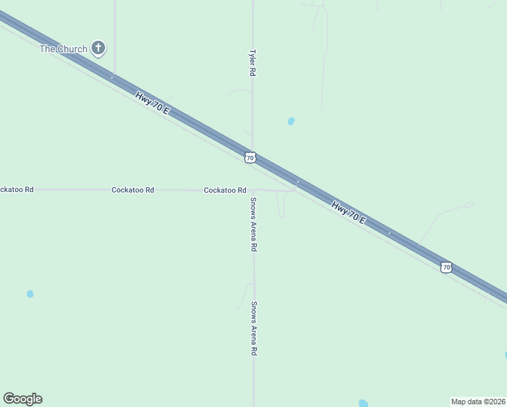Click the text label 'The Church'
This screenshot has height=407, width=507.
coord(63,49)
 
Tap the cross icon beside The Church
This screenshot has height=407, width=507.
coord(99,47)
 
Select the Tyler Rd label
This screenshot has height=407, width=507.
coord(252,62)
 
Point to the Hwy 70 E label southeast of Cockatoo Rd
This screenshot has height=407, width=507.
coord(348,212)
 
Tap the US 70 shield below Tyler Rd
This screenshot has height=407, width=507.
coord(250,157)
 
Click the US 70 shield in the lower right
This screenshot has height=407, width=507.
coord(445,267)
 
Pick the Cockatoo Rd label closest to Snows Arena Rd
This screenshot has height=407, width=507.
coord(225,191)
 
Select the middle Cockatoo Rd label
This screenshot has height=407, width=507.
coord(133,190)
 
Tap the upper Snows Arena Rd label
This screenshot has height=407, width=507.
coord(253,225)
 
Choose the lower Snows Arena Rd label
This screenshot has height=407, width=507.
coord(254,328)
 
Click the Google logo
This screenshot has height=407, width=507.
coord(22,399)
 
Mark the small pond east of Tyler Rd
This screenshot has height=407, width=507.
coord(291,121)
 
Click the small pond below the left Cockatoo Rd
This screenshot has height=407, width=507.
coord(30,294)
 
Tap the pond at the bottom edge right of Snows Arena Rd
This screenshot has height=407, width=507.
coord(363,404)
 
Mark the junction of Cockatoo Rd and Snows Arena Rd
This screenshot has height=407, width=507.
coord(253,190)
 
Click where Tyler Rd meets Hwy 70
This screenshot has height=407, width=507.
coord(253,151)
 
